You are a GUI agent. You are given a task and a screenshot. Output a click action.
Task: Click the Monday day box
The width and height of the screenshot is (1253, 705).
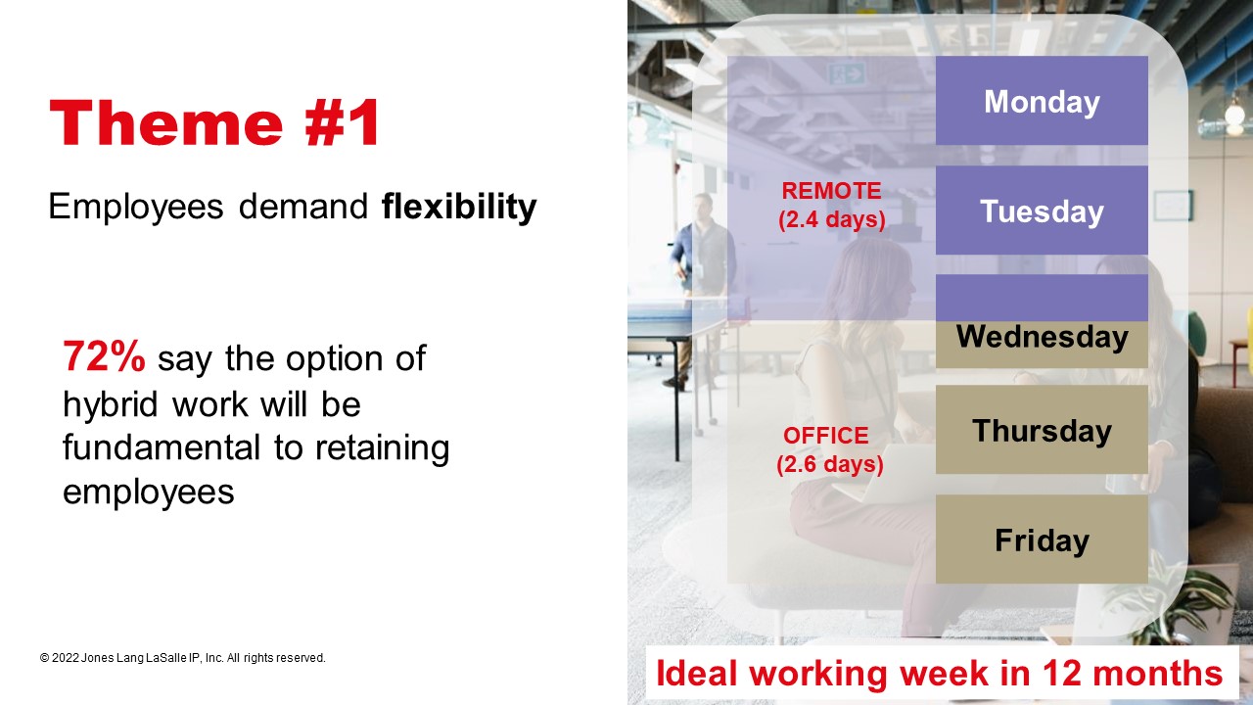[1042, 101]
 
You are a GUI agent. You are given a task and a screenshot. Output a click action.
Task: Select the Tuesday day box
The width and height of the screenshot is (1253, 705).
[1042, 211]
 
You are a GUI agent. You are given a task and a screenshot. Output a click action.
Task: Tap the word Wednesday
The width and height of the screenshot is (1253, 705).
[1043, 337]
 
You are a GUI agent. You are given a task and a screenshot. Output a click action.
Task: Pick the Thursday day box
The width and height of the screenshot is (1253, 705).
[1042, 430]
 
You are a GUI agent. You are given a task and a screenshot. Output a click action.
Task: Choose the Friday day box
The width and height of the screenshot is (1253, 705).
[1042, 540]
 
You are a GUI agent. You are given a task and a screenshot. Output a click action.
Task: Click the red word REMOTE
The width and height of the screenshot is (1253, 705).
[831, 191]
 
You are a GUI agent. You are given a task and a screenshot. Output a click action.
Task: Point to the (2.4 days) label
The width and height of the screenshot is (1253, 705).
[832, 219]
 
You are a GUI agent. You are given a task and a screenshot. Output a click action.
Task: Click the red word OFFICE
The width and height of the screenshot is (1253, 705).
[825, 436]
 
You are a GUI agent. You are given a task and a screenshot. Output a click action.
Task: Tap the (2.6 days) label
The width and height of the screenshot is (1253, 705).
[830, 464]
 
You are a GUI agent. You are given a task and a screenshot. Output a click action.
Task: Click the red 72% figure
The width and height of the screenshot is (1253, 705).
[104, 356]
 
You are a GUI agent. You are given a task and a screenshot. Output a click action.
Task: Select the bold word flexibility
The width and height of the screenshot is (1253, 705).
[459, 208]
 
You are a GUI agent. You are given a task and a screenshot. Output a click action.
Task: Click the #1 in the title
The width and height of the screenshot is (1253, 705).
[343, 123]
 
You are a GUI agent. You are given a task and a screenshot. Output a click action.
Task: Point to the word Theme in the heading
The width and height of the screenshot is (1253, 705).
[166, 123]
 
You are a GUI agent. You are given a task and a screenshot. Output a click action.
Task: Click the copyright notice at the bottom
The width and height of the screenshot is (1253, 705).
[182, 658]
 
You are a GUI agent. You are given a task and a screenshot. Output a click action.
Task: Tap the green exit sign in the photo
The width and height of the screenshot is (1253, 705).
[847, 73]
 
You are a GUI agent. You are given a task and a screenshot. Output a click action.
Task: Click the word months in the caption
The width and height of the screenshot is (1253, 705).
[1157, 673]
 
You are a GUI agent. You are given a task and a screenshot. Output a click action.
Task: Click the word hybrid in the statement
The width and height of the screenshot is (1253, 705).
[111, 404]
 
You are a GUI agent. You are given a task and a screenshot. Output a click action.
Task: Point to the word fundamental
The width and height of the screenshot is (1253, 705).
[162, 447]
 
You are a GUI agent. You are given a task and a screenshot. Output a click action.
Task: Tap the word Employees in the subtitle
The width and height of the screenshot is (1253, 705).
[136, 208]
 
